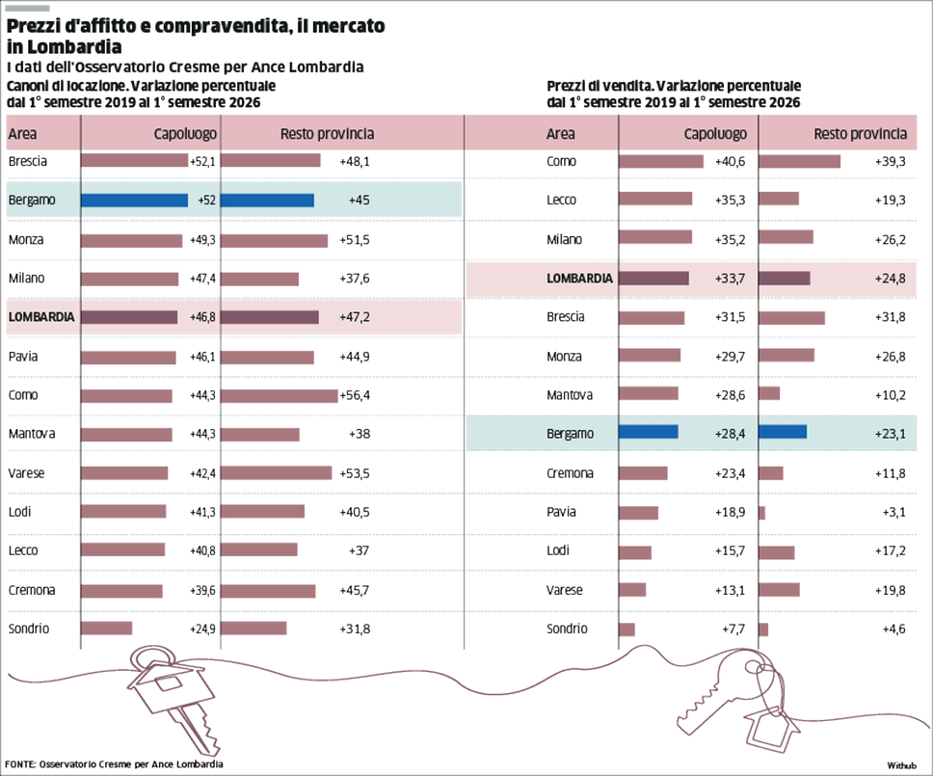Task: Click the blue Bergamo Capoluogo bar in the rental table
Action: pos(135,201)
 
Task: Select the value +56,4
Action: pos(355,395)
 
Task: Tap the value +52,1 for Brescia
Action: pos(203,161)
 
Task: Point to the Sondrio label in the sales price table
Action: pos(567,629)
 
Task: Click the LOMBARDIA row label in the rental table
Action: pos(41,317)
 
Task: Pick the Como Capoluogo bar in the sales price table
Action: pos(661,161)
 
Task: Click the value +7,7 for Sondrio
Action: pos(733,629)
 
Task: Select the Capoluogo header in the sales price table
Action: pos(715,134)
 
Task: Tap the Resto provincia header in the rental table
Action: pos(328,134)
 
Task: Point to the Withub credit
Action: pos(901,765)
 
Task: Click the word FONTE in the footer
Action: pos(19,764)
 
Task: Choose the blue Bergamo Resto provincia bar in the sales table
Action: pos(783,432)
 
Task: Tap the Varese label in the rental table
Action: pos(26,473)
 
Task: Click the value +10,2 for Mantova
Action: pos(891,395)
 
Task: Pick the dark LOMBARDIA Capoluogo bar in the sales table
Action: pos(653,278)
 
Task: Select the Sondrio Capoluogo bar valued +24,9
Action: pos(107,628)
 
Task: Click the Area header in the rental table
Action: pos(22,134)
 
